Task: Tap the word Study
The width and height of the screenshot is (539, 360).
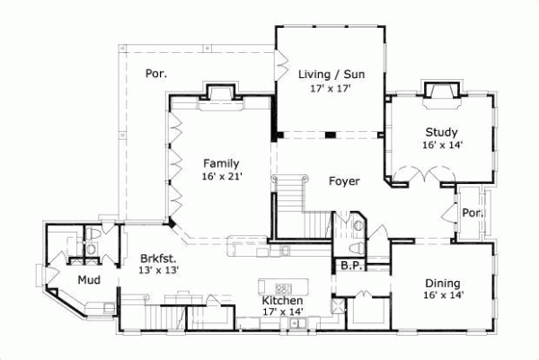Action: (x=441, y=131)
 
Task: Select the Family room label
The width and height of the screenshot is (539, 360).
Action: (x=220, y=163)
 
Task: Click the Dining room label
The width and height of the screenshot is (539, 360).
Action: (x=443, y=283)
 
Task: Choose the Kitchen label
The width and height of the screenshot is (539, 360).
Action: (x=281, y=300)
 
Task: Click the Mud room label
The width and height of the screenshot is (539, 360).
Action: (x=88, y=280)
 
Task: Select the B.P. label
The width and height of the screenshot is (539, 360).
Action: (x=349, y=266)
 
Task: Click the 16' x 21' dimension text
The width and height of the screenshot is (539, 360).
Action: (x=221, y=177)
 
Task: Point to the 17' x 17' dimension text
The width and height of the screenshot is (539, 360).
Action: (x=329, y=89)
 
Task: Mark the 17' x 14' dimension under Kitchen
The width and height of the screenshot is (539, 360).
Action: (x=282, y=312)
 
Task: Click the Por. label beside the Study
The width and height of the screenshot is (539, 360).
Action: (x=473, y=214)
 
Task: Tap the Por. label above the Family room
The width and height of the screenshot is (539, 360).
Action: (x=156, y=74)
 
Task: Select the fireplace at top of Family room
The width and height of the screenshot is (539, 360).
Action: (x=221, y=94)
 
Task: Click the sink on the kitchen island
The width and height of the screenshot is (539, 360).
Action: (x=283, y=286)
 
